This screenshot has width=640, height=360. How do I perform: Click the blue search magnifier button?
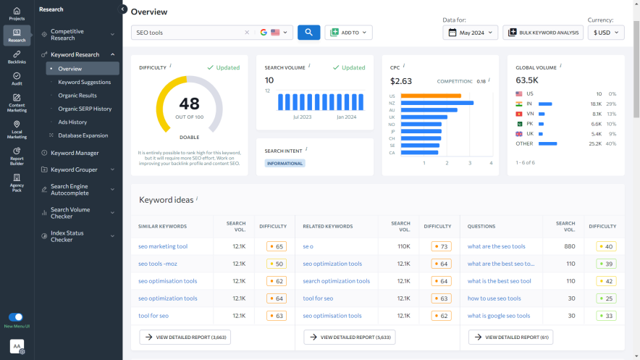(308, 33)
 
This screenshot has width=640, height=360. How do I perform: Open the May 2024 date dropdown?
(470, 33)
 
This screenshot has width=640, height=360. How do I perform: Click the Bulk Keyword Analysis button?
(542, 33)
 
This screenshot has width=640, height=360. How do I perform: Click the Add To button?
(348, 33)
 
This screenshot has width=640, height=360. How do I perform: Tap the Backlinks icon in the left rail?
(17, 57)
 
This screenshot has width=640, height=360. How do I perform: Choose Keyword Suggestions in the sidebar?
(84, 82)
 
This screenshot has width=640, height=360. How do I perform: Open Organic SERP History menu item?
(85, 109)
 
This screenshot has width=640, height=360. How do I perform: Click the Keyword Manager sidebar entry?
(75, 153)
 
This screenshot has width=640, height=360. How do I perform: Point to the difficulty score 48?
(189, 104)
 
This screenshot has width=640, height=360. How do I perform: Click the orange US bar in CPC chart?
(430, 96)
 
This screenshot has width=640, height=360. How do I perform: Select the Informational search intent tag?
(285, 164)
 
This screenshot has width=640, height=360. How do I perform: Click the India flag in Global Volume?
(519, 104)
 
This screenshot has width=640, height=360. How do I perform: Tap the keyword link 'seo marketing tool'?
(163, 246)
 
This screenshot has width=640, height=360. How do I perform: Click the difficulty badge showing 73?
(440, 246)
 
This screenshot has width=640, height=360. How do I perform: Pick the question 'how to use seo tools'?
(494, 298)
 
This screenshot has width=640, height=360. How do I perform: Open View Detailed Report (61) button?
(510, 337)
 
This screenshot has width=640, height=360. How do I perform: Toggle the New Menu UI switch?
(15, 317)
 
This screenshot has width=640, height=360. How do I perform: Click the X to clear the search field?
(246, 33)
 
